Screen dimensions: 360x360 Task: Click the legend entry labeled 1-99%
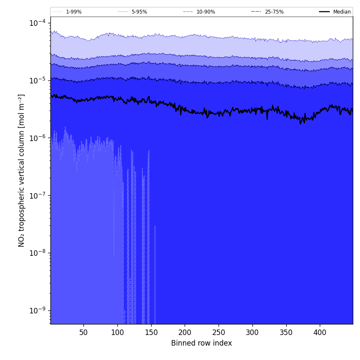(x=74, y=12)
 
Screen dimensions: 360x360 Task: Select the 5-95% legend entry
(x=139, y=12)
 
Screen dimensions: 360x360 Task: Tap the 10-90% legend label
(x=205, y=12)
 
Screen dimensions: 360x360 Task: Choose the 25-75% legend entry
(x=274, y=12)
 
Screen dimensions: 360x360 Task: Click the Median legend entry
(x=342, y=12)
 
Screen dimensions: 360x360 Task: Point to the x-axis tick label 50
(x=83, y=333)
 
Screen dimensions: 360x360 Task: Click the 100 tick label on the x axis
(x=117, y=333)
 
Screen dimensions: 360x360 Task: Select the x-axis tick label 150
(x=151, y=333)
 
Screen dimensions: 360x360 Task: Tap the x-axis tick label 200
(x=185, y=333)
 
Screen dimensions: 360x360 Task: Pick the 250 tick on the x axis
(x=219, y=333)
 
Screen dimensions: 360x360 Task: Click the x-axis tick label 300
(x=252, y=333)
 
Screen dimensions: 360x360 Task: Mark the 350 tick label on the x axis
(x=286, y=333)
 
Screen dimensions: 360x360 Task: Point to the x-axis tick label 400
(x=320, y=333)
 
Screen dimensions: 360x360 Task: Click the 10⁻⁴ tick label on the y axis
(x=38, y=23)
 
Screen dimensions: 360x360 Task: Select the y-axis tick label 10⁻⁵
(x=38, y=80)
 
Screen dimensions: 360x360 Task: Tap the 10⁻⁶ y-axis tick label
(x=38, y=138)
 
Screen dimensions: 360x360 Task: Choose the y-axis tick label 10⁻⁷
(x=38, y=196)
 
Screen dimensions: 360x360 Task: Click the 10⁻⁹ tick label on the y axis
(x=38, y=310)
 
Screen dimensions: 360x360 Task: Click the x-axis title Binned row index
(x=202, y=343)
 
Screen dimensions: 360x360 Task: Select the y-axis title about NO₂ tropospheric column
(x=22, y=170)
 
